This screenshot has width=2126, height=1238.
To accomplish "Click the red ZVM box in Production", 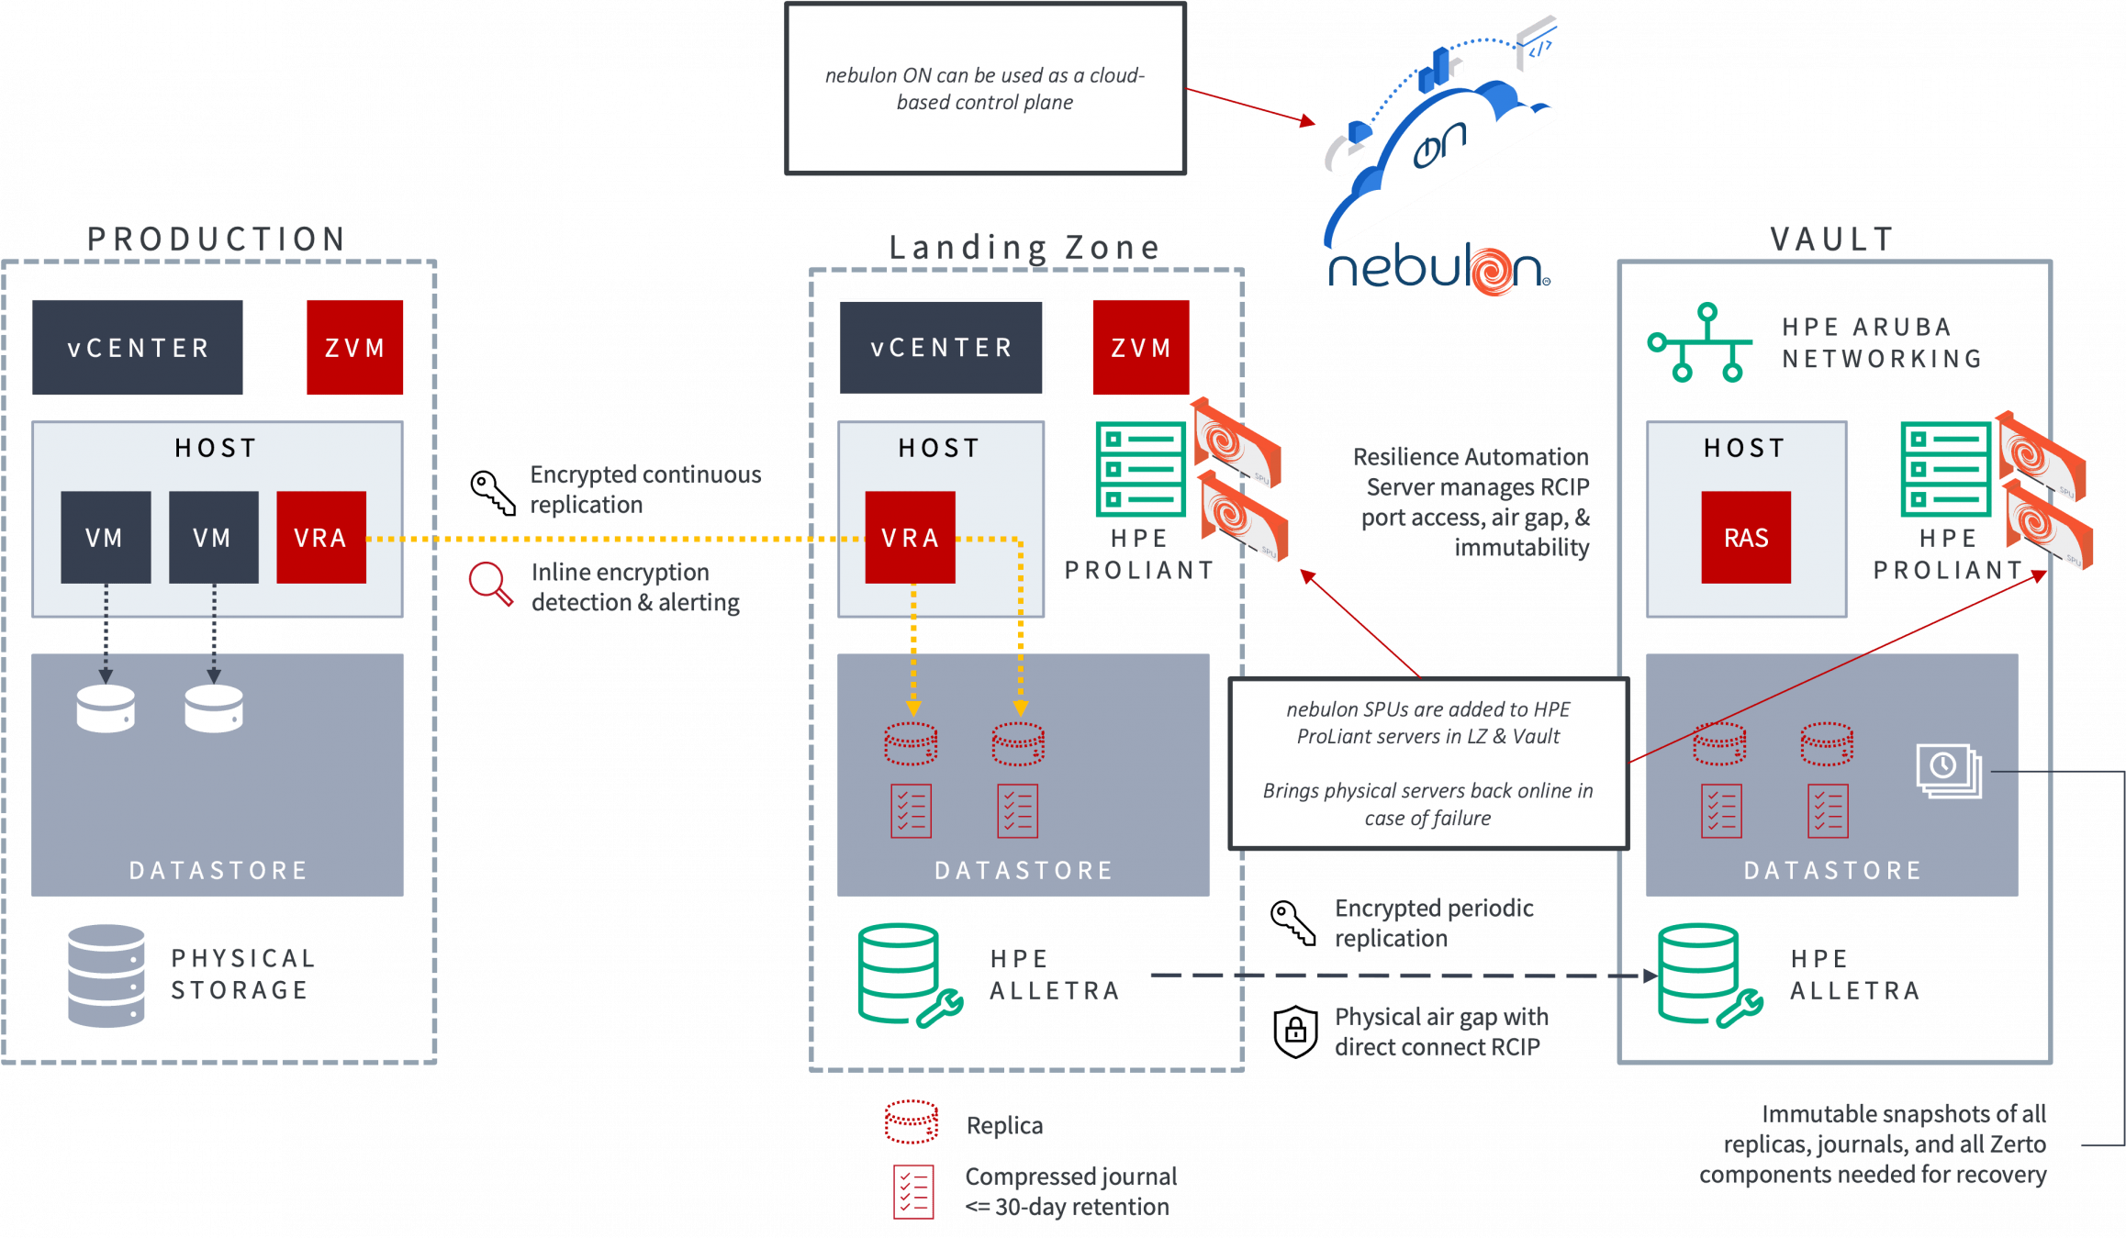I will point(354,348).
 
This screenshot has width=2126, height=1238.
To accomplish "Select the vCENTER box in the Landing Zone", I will point(941,348).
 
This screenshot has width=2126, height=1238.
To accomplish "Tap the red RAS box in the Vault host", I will point(1745,538).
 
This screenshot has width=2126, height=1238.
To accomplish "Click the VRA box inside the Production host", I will point(320,538).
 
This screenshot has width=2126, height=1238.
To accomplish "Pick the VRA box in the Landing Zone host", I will point(910,538).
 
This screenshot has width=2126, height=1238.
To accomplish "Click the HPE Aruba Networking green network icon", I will point(1699,342).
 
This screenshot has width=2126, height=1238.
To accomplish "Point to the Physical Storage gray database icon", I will point(106,976).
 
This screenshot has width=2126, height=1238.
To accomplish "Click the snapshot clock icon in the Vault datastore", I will point(1948,770).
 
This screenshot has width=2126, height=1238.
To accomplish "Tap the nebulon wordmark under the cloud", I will point(1438,271).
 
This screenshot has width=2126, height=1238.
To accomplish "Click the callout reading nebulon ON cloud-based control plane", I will point(985,88).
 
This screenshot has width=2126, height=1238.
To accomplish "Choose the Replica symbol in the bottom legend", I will point(912,1122).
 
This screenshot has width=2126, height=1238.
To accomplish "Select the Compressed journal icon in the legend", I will point(913,1191).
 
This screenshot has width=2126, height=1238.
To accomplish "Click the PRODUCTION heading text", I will point(217,240).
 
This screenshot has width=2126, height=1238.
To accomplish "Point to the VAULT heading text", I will point(1832,240).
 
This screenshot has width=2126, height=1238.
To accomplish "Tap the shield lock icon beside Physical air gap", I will point(1295,1031).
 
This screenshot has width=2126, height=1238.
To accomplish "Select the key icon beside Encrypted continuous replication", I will point(492,491).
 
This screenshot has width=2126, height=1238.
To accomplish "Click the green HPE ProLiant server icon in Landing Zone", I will point(1141,469).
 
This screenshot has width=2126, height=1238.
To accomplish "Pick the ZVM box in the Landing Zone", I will point(1141,348).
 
